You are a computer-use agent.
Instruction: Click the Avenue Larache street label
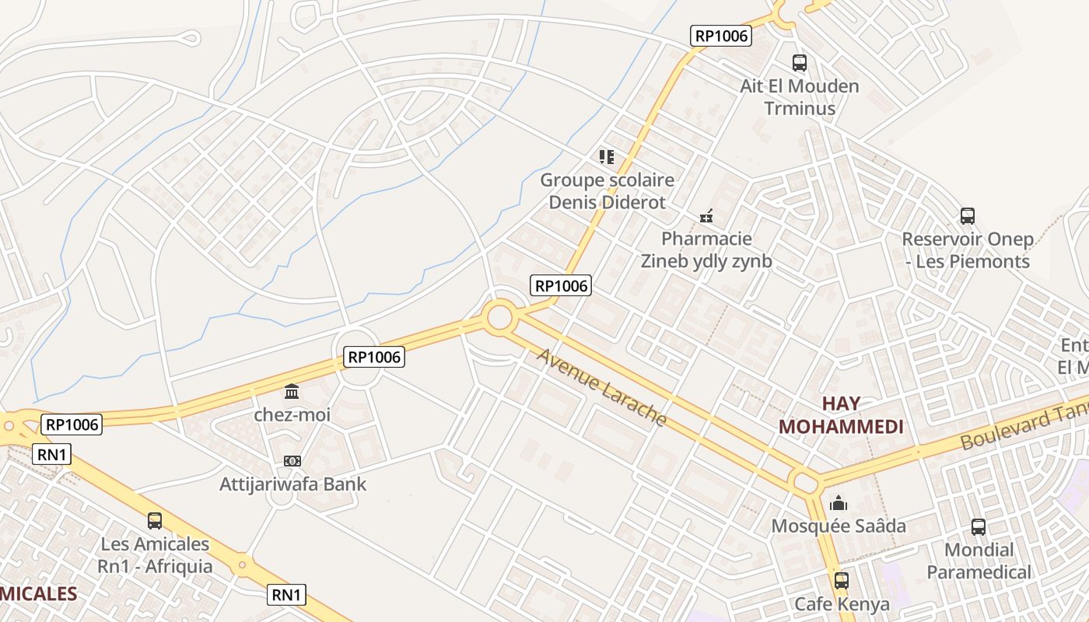pos(602,388)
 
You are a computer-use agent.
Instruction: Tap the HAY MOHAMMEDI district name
pos(841,415)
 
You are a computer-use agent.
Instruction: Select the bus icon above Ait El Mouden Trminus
pos(799,63)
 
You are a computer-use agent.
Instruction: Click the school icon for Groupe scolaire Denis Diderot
pos(607,157)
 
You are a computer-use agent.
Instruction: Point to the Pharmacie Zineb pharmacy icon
pos(706,215)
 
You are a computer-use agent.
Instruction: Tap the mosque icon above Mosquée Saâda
pos(839,503)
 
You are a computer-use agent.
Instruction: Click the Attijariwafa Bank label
pos(292,484)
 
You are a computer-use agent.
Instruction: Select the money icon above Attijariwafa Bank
pos(292,461)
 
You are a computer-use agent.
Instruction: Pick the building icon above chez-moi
pos(292,391)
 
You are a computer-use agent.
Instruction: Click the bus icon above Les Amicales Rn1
pos(155,520)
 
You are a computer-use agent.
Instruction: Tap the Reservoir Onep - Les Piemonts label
pos(968,250)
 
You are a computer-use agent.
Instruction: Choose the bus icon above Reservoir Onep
pos(968,216)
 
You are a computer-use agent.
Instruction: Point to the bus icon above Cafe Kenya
pos(841,580)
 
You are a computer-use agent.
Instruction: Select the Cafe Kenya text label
pos(842,604)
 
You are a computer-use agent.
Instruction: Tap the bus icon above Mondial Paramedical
pos(979,527)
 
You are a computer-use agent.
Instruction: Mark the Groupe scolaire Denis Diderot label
pos(608,191)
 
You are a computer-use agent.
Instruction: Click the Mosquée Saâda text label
pos(839,526)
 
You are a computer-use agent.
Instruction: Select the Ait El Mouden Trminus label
pos(800,96)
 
